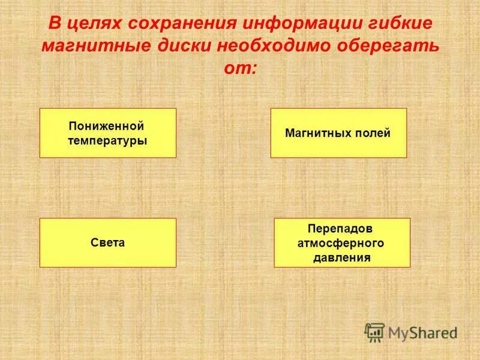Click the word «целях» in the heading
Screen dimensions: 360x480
coord(89,25)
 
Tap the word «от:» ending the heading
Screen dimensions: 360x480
coord(239,68)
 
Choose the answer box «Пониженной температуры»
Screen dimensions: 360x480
coord(108,133)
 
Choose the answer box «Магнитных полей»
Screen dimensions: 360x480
coord(338,133)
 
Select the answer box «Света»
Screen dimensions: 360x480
coord(108,242)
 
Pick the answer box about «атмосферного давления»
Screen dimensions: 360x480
coord(342,242)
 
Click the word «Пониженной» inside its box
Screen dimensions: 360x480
coord(107,127)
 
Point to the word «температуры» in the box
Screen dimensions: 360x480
coord(107,140)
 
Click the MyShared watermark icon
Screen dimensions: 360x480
coord(375,332)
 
